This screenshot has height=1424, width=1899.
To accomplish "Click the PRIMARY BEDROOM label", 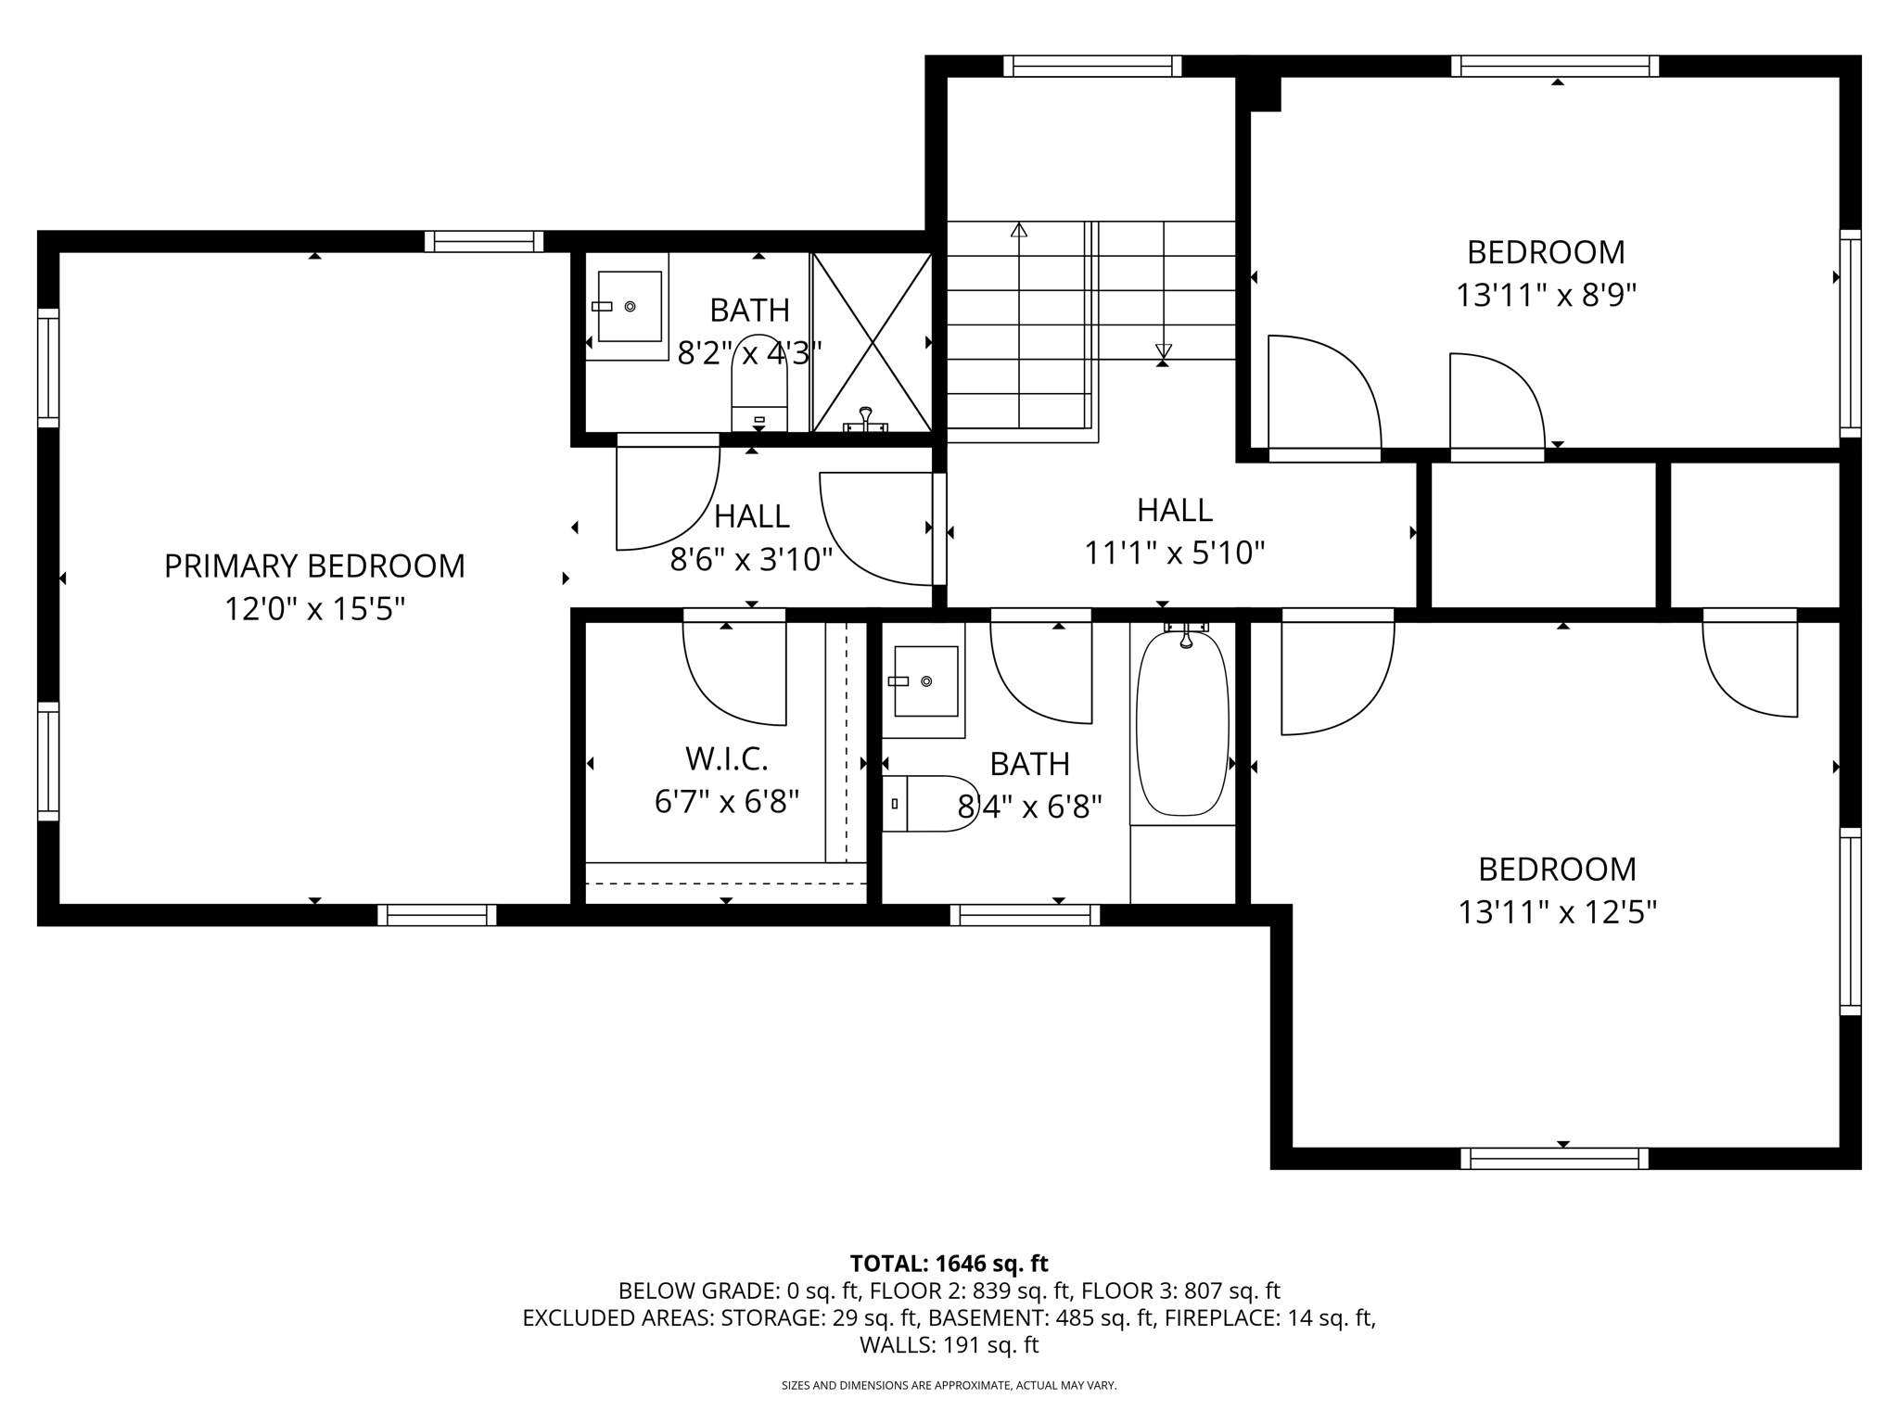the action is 314,566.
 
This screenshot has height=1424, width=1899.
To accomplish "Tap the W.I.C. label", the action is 727,759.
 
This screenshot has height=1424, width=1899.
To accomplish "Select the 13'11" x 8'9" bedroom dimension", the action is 1546,296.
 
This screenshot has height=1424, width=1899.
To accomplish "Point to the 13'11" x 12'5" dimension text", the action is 1557,913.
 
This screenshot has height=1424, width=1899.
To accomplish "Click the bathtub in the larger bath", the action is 1182,723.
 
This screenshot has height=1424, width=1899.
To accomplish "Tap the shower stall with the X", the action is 873,342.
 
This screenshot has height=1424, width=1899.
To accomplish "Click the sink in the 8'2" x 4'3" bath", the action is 630,307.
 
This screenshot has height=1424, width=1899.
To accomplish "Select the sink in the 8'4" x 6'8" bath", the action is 924,681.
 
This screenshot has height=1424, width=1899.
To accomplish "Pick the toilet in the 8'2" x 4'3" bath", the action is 759,384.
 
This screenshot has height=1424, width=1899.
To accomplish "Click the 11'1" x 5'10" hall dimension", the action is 1175,553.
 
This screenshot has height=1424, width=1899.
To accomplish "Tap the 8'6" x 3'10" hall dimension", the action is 752,559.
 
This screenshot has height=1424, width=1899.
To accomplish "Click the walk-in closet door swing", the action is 734,673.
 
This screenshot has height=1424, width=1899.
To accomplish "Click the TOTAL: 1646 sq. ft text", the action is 949,1264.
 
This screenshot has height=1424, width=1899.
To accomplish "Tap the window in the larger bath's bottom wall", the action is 1025,915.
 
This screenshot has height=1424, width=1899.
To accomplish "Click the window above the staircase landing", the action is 1092,66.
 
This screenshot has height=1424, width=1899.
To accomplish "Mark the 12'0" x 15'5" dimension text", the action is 315,609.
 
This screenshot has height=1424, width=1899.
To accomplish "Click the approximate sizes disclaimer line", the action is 949,1386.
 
